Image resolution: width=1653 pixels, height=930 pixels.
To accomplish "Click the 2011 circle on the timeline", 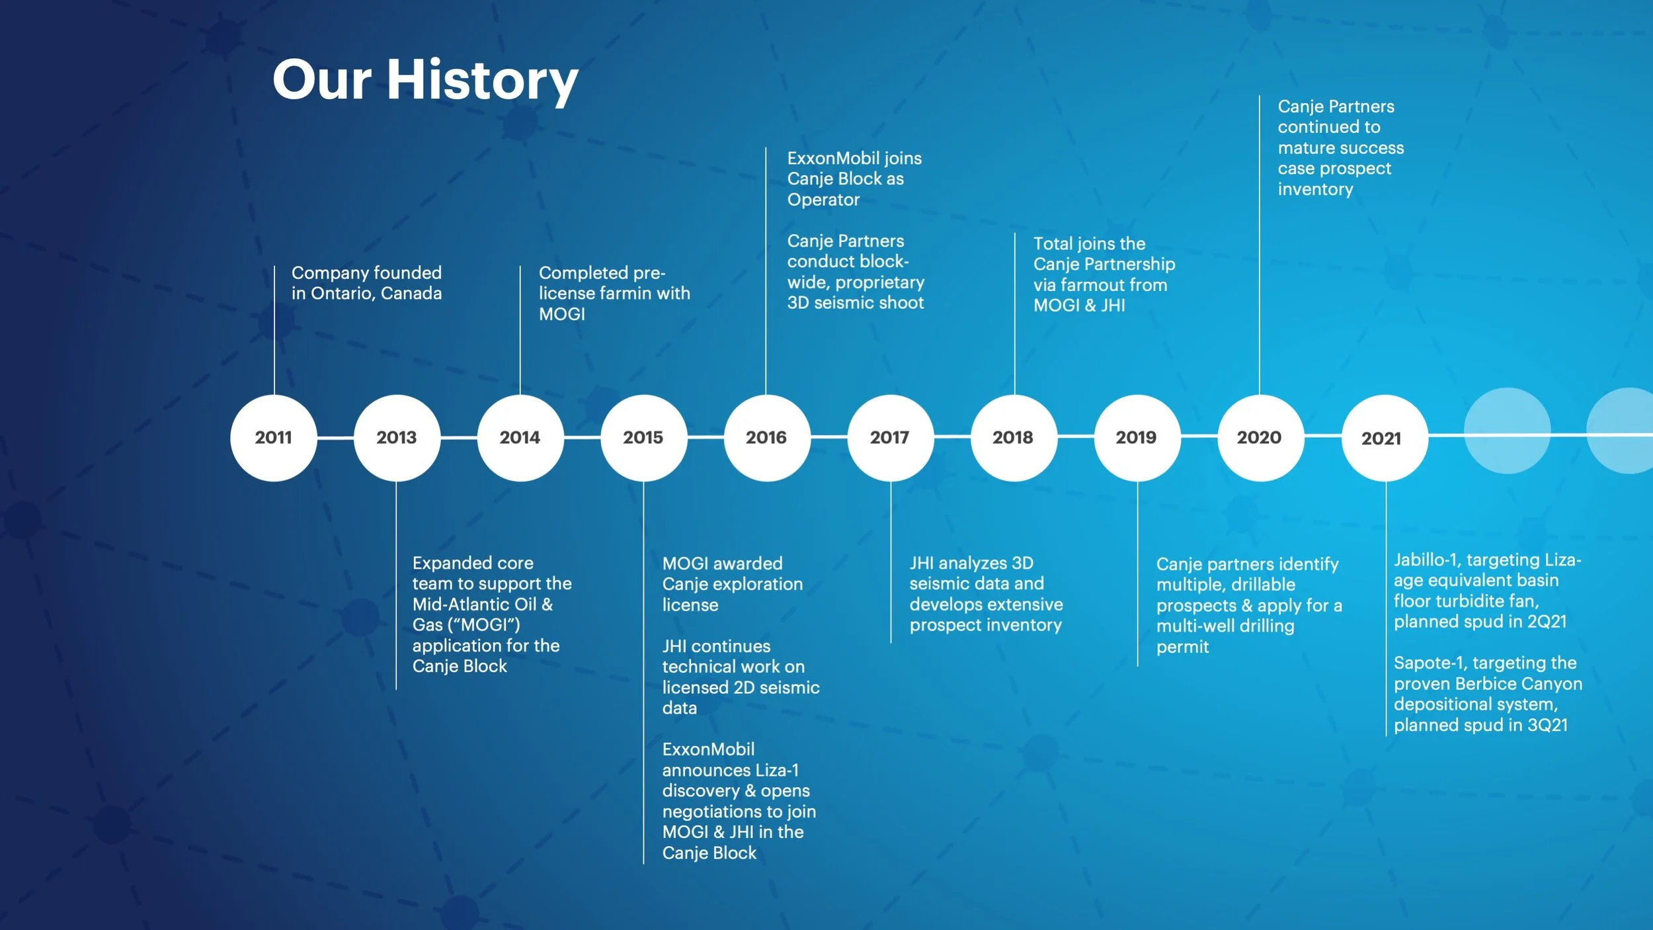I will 274,437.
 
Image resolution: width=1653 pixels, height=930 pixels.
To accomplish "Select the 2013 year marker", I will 397,437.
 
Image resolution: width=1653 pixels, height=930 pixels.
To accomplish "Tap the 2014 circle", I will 520,437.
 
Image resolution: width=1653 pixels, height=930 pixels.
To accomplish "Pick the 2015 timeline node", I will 643,437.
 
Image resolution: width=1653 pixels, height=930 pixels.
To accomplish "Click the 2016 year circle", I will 767,437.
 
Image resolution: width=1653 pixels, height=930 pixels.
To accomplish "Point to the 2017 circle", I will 890,437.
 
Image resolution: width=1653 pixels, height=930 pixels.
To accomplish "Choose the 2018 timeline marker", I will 1013,437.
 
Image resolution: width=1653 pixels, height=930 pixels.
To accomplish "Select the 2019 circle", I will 1137,437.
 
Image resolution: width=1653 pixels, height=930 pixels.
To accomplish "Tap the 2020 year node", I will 1260,437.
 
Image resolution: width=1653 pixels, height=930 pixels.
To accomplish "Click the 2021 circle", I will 1383,438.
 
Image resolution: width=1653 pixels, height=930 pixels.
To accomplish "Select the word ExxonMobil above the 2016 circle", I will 827,159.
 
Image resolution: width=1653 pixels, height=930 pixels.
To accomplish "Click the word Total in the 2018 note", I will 1053,244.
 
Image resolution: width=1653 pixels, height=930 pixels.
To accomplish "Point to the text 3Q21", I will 1547,725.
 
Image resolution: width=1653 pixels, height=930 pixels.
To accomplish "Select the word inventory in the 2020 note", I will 1315,190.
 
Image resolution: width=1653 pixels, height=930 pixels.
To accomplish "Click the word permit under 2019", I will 1182,647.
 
